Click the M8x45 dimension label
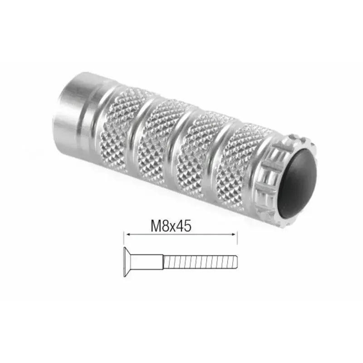pos(168,226)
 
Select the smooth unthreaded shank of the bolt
pos(147,262)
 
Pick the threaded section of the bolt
pos(200,262)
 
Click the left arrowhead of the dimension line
pos(127,234)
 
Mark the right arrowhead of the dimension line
pos(235,234)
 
